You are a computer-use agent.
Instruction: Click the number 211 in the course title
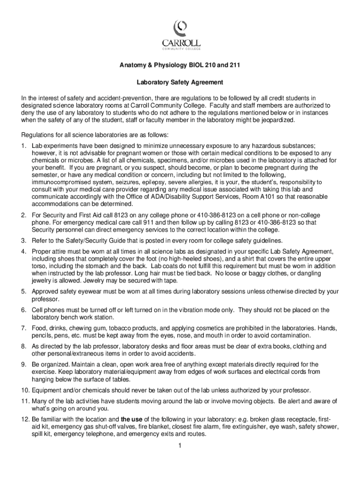coord(237,65)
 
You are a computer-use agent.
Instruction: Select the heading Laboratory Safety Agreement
coord(180,82)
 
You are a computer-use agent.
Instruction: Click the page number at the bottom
coord(180,445)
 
